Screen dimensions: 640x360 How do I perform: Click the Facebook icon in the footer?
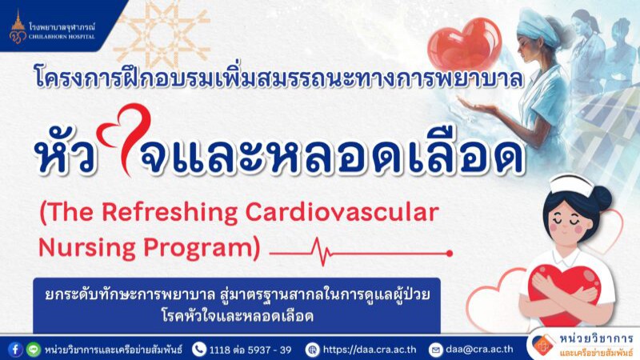[x=15, y=350]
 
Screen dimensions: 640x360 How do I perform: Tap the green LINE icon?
[x=34, y=350]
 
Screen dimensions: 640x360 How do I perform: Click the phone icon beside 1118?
[x=198, y=350]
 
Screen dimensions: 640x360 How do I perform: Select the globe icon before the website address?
[x=312, y=350]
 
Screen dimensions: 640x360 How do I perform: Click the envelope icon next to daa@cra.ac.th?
[x=435, y=350]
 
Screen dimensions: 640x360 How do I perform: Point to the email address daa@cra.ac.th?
[x=479, y=350]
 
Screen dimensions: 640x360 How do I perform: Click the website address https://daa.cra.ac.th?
[x=370, y=350]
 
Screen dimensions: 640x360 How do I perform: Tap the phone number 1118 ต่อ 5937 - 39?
[x=250, y=350]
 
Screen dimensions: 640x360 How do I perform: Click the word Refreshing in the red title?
[x=169, y=214]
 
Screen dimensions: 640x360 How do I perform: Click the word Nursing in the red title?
[x=86, y=248]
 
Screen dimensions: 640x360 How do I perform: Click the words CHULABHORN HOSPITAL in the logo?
[x=62, y=36]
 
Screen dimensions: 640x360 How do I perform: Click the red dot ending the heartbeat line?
[x=450, y=254]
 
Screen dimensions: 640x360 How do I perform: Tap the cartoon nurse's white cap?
[x=571, y=185]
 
